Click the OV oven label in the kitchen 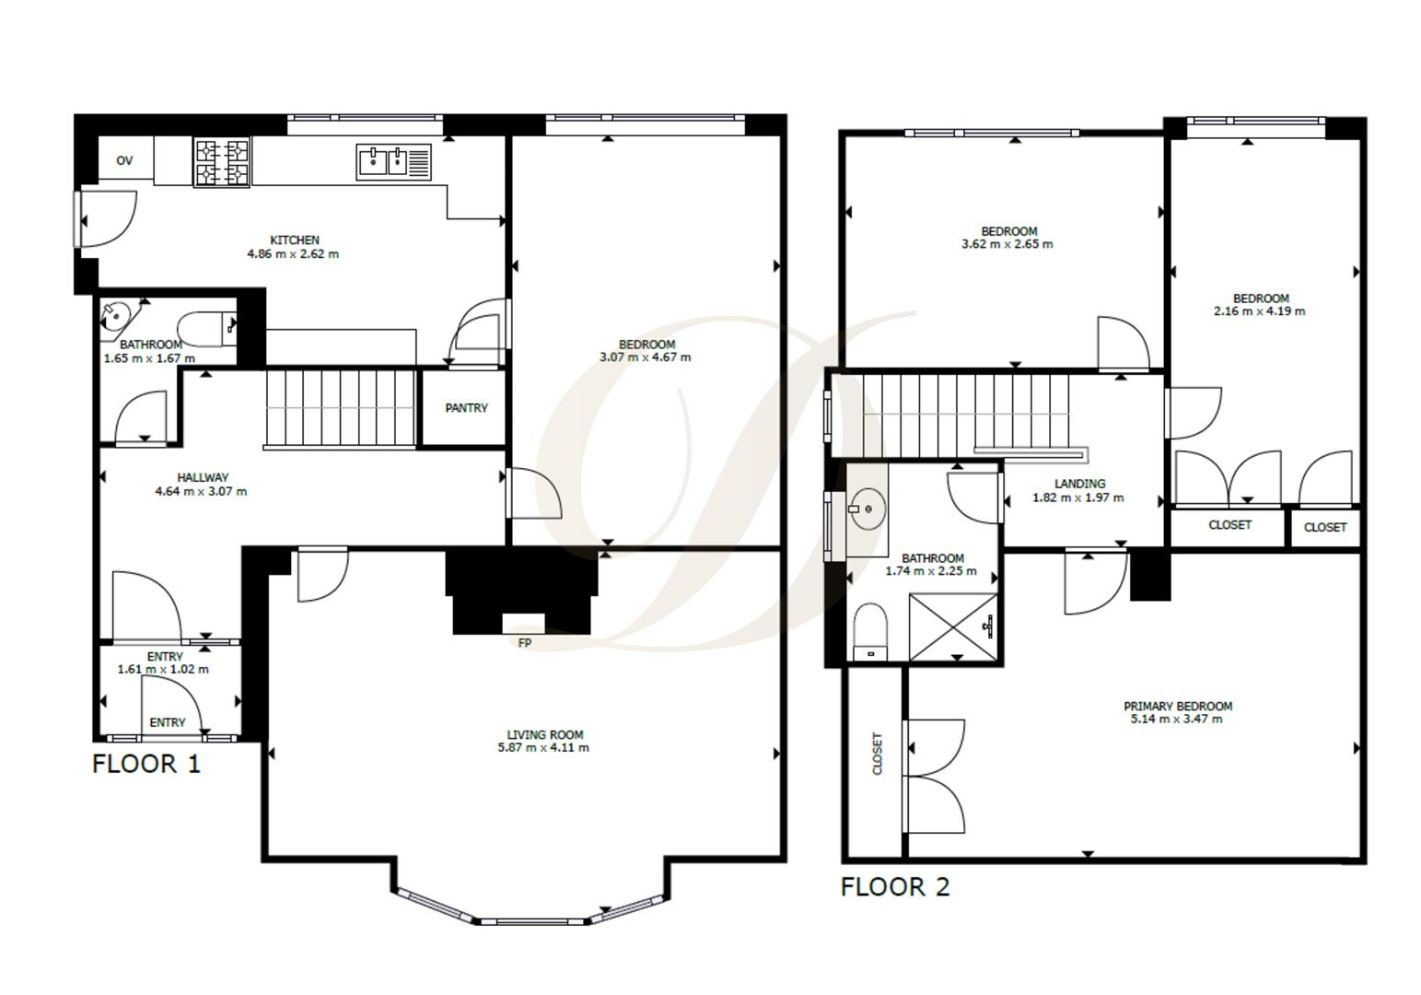pos(124,160)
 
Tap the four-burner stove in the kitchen pos(221,162)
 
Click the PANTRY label pos(466,408)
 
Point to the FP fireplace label pos(524,643)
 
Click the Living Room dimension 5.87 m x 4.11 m pos(543,747)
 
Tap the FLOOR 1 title pos(146,764)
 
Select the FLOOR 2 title pos(894,887)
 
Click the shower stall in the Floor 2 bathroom pos(952,626)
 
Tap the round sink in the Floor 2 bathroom pos(867,509)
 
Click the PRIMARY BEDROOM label pos(1177,706)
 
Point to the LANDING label pos(1079,484)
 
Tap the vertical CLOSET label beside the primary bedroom pos(878,754)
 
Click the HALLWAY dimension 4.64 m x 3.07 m pos(201,491)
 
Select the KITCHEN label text pos(295,240)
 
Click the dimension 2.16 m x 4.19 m pos(1259,311)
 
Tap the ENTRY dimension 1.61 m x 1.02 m pos(163,670)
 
